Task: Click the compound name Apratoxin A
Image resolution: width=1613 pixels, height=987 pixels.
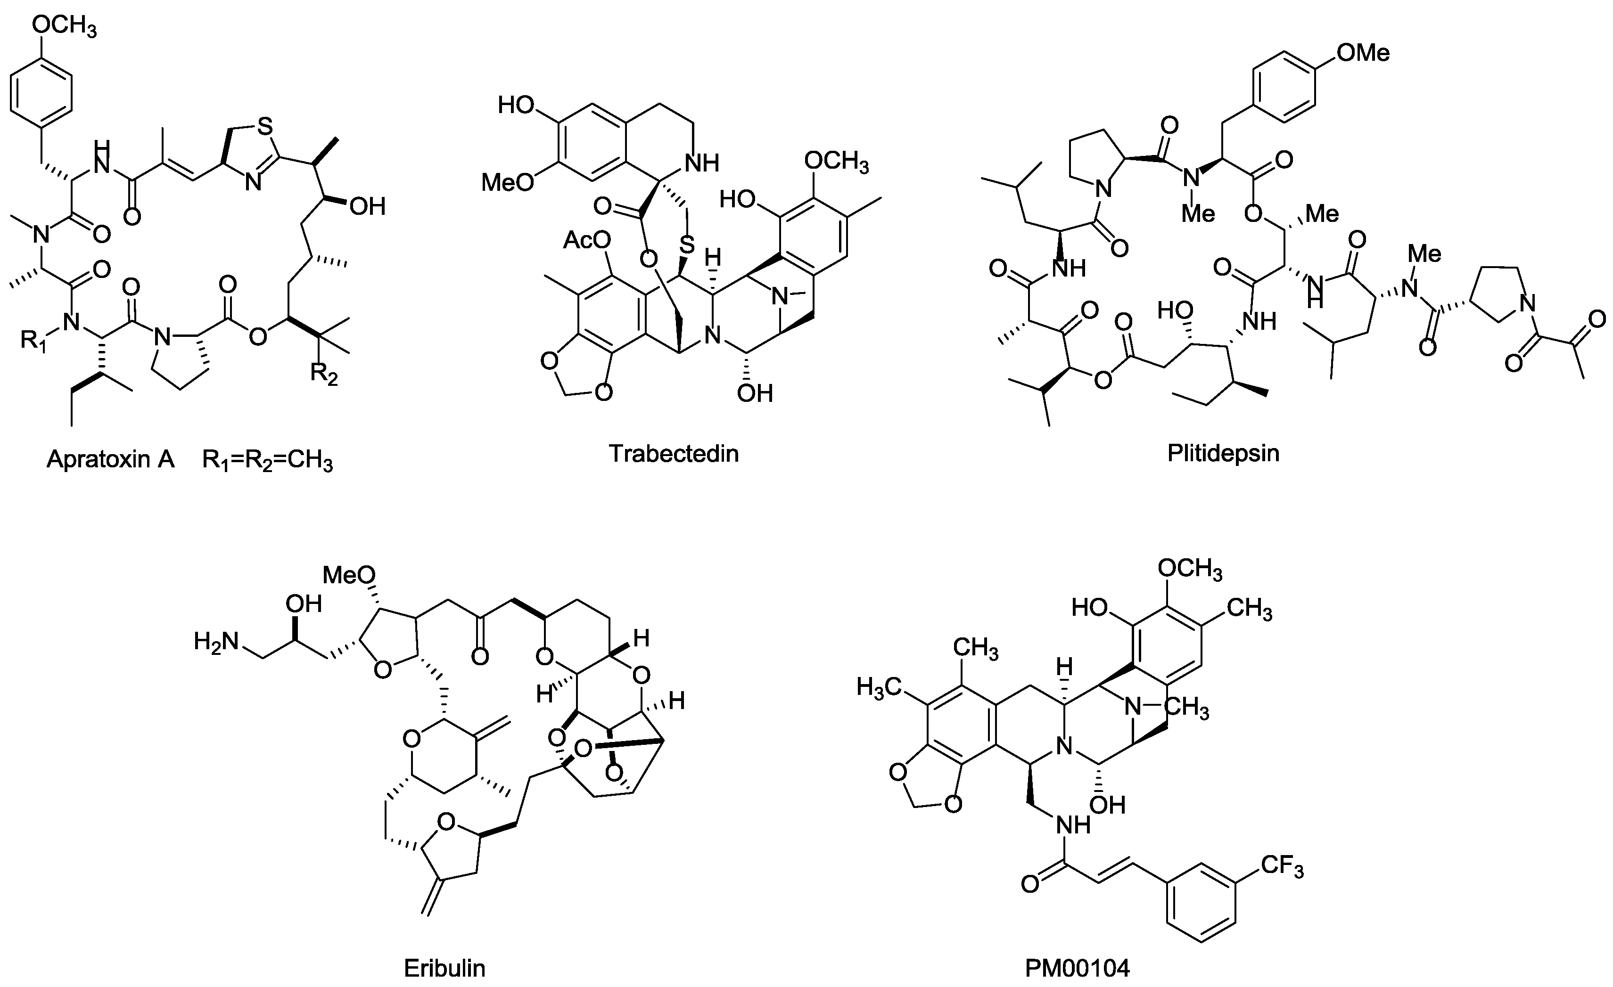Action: tap(110, 459)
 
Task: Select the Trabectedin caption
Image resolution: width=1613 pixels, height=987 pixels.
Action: tap(674, 453)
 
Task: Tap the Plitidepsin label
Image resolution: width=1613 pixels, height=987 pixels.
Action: tap(1223, 453)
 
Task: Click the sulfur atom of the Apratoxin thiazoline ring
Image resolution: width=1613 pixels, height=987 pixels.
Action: tap(264, 126)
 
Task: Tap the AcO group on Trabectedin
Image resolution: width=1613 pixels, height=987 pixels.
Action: tap(586, 240)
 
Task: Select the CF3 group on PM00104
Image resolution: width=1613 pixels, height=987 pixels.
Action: tap(1282, 866)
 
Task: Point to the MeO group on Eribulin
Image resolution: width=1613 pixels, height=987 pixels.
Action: tap(350, 575)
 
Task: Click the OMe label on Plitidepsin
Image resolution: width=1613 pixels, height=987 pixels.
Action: tap(1363, 52)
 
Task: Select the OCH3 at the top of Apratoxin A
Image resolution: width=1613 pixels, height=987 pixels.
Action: tap(64, 27)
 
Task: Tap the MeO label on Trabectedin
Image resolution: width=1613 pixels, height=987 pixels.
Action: tap(507, 182)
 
